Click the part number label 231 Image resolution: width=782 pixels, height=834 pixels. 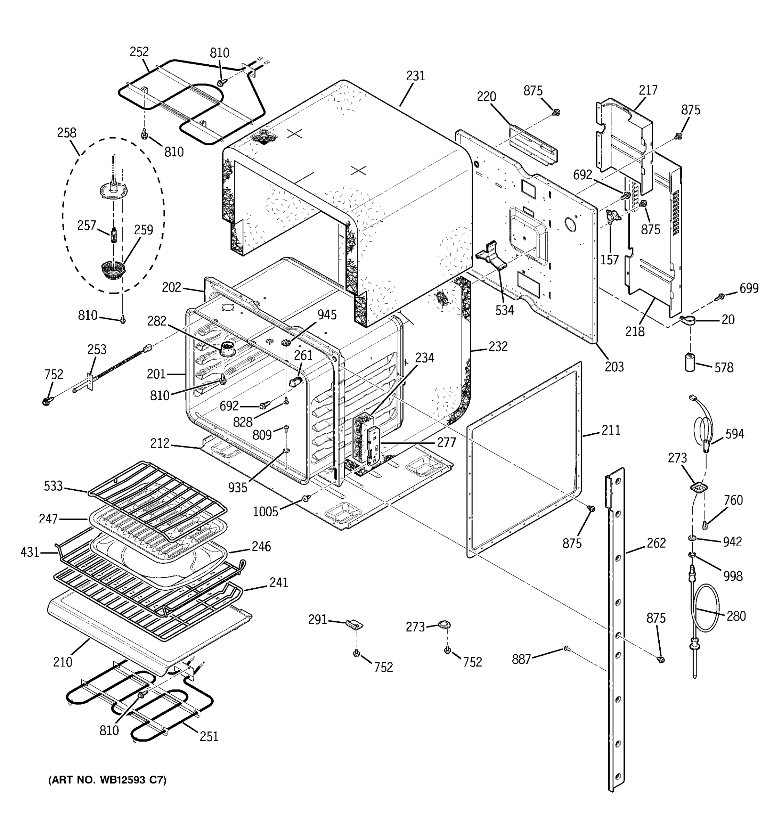415,76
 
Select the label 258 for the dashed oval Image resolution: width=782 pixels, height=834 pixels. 67,133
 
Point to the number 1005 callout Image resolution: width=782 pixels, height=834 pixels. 265,512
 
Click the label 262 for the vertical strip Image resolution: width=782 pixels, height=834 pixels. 656,543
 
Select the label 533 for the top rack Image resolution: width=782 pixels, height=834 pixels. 53,486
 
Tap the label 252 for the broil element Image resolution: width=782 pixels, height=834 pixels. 139,52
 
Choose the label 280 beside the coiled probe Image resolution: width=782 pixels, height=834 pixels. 736,616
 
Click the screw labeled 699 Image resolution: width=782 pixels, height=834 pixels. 720,297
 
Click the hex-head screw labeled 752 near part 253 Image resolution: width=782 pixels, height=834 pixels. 46,401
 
